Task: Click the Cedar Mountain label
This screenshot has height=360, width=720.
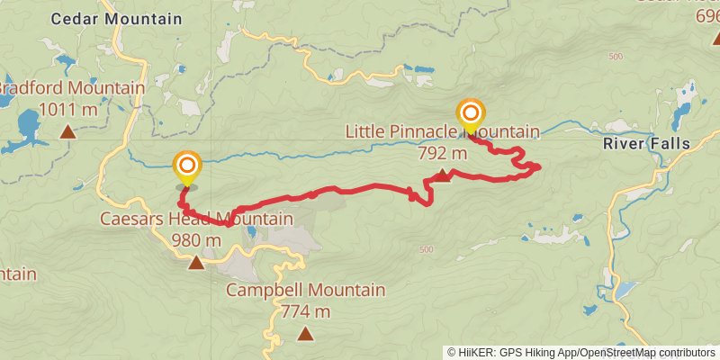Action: (116, 18)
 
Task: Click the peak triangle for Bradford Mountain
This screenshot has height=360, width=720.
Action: (67, 132)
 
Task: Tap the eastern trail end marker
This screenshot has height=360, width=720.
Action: (470, 114)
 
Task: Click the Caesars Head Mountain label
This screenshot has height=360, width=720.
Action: (196, 220)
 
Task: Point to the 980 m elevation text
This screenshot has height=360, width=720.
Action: (195, 240)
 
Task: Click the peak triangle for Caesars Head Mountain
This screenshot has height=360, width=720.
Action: (196, 263)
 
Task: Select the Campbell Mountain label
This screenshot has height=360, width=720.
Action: (305, 291)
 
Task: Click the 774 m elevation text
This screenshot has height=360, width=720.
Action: (305, 311)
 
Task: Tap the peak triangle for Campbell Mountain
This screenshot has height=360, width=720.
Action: (305, 334)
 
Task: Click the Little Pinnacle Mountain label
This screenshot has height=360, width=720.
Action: (442, 132)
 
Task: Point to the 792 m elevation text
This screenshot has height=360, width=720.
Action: (443, 153)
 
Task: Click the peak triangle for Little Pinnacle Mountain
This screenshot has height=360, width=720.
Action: (443, 175)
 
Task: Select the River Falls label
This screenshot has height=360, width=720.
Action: (646, 144)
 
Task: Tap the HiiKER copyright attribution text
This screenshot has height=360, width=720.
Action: (581, 352)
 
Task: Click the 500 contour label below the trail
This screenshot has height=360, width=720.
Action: (426, 249)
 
